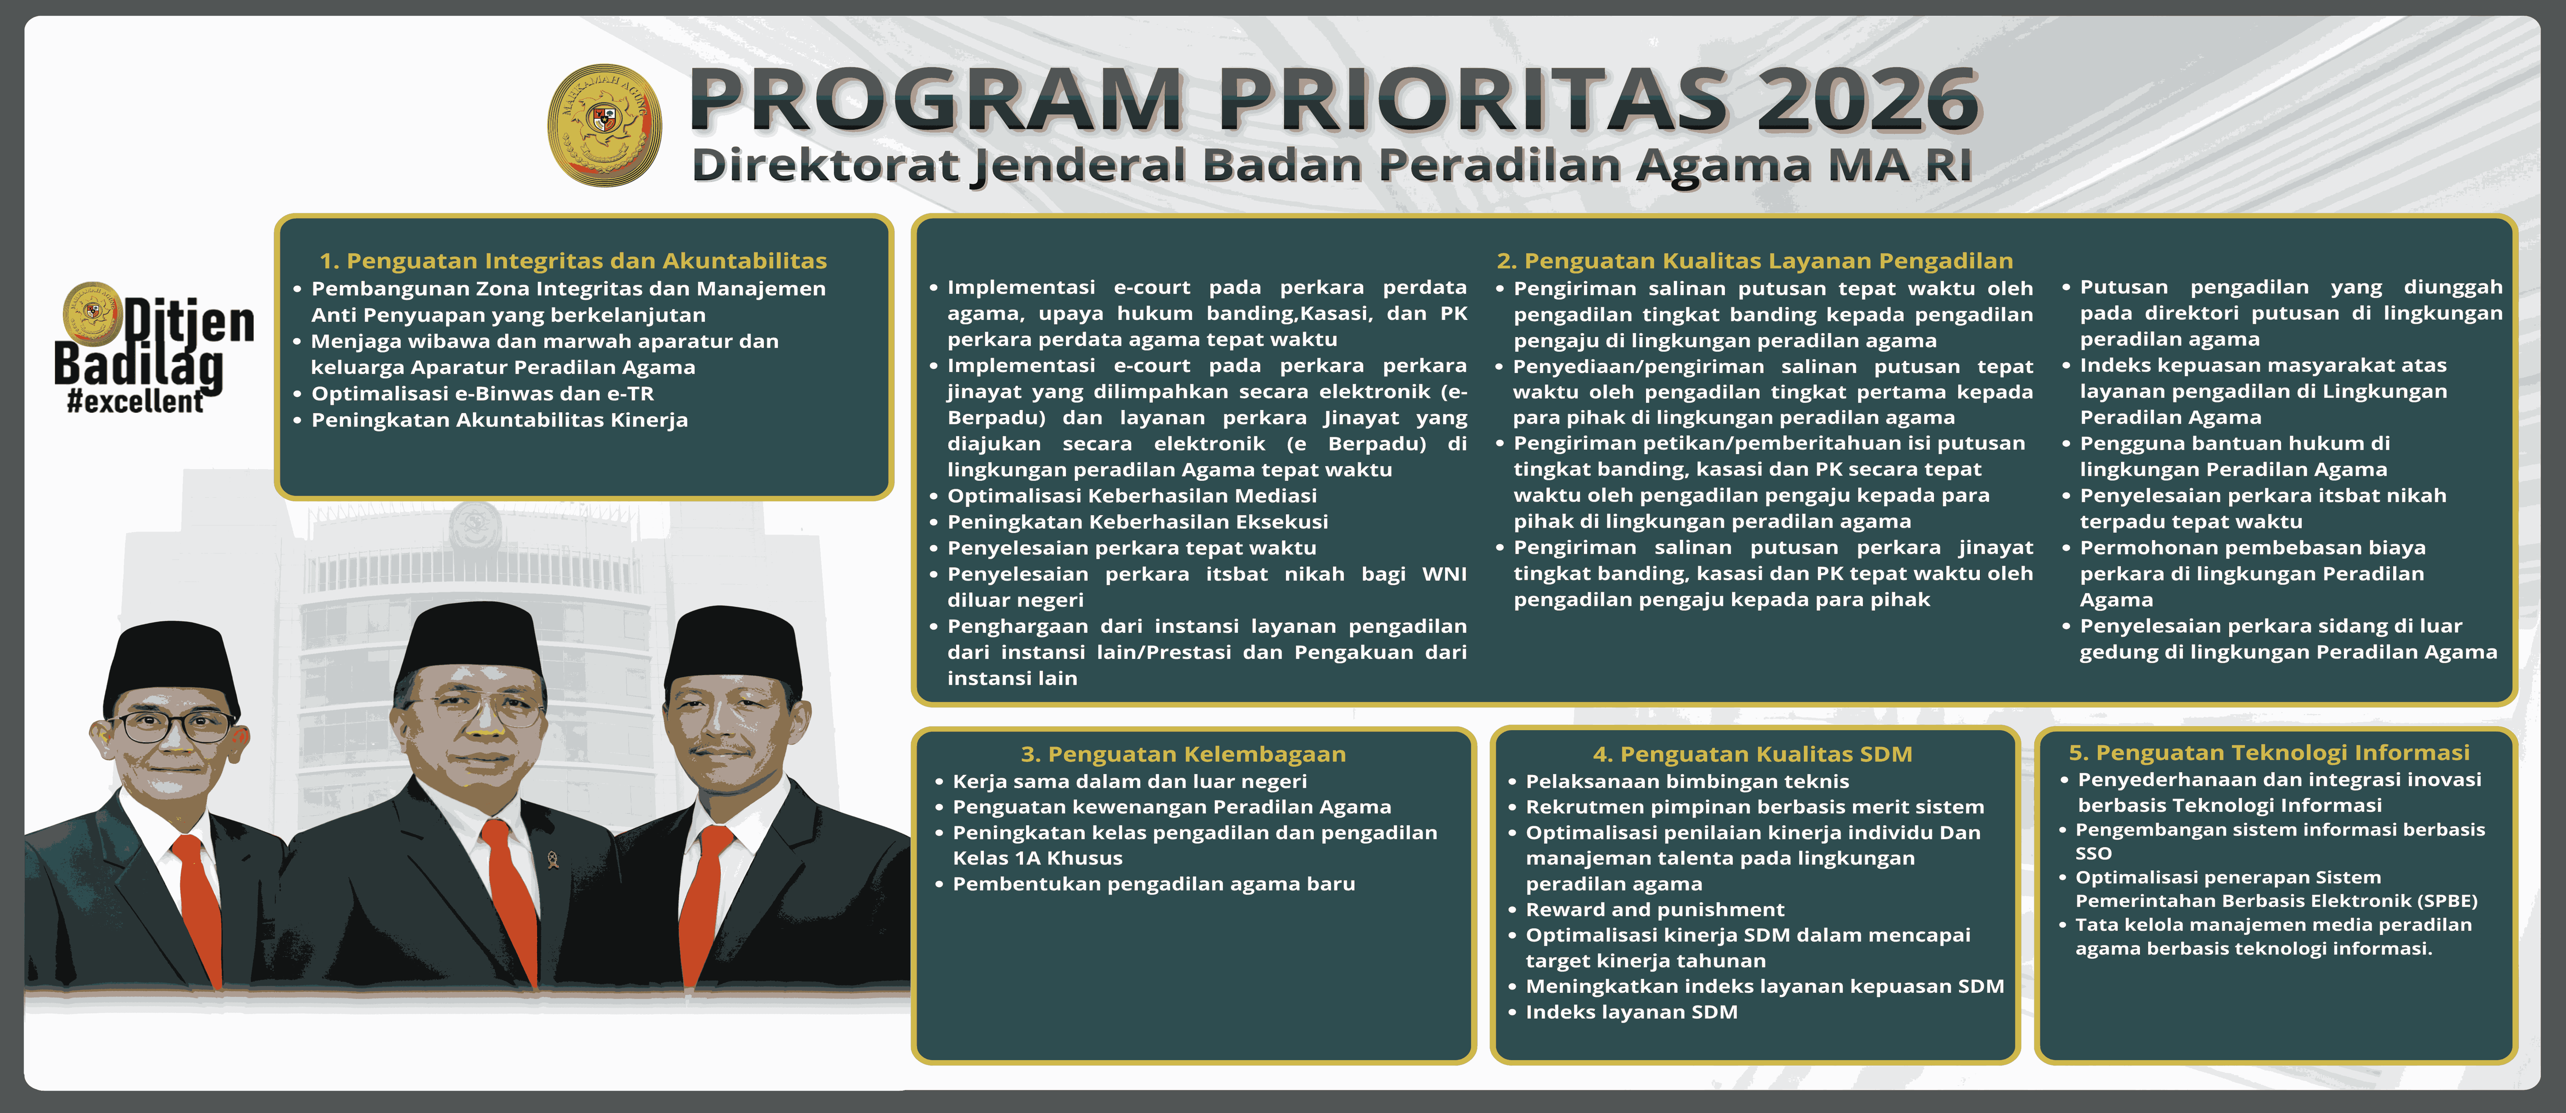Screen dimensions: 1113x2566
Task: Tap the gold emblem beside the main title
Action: (x=605, y=125)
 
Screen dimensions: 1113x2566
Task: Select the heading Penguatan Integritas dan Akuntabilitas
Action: (x=573, y=261)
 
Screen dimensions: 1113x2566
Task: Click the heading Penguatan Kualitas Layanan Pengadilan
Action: (x=1754, y=261)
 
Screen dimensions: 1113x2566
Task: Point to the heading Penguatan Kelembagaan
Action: (x=1184, y=754)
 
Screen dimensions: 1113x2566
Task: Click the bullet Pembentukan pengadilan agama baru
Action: (x=1153, y=884)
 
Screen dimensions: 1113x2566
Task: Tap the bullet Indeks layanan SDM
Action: (x=1632, y=1012)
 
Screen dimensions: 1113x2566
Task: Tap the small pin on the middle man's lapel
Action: (x=553, y=859)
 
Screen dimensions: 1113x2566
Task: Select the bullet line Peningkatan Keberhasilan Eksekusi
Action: (x=1138, y=521)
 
